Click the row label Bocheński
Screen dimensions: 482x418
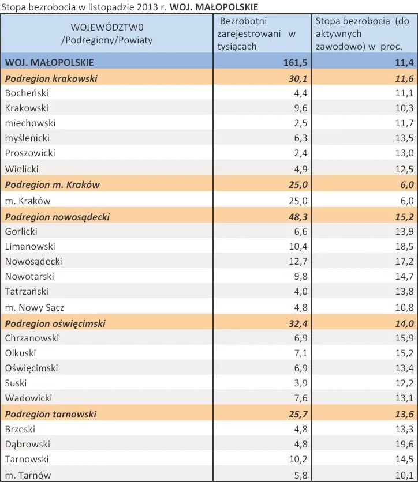[27, 93]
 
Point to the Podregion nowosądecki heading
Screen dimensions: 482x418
[57, 217]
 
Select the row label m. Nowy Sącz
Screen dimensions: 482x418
[35, 307]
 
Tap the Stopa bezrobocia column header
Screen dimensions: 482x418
[362, 34]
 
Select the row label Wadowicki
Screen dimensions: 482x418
[28, 398]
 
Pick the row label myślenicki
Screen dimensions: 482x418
[27, 138]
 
